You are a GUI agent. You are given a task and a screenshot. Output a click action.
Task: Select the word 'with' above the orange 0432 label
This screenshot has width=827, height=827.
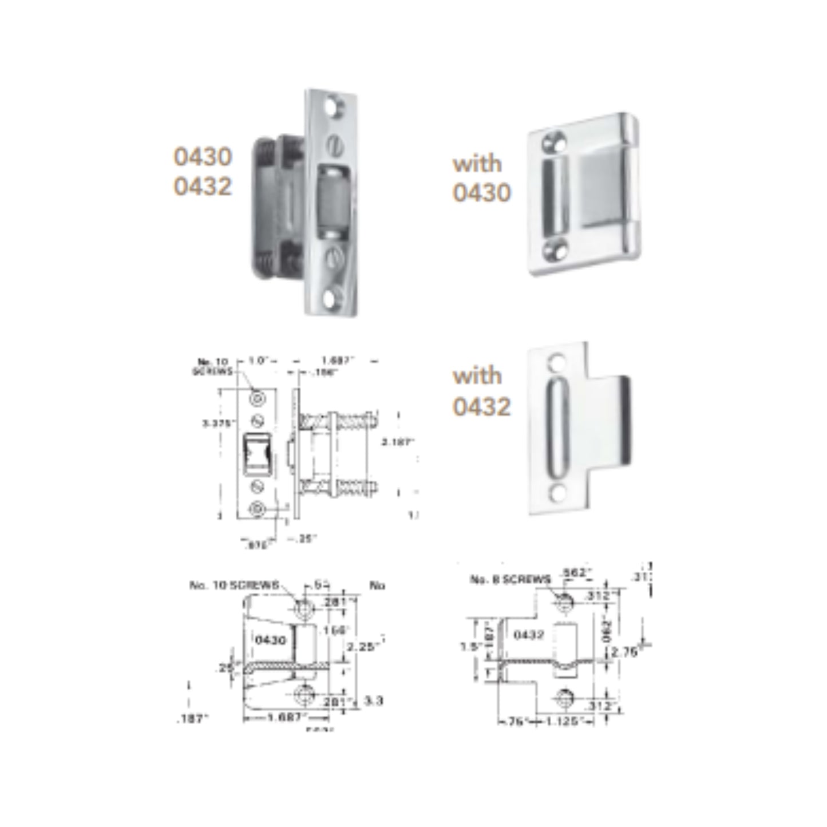tap(477, 376)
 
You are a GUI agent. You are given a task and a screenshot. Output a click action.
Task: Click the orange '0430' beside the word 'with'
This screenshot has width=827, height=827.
tap(481, 193)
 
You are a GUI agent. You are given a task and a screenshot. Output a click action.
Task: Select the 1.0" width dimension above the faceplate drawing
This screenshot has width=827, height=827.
tap(259, 361)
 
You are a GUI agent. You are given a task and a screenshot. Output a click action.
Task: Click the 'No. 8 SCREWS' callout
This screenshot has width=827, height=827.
tap(509, 580)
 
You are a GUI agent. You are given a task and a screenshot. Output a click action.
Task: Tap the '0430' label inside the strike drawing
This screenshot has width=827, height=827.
tap(270, 640)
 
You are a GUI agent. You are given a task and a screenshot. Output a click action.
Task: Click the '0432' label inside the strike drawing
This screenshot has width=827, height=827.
tap(528, 635)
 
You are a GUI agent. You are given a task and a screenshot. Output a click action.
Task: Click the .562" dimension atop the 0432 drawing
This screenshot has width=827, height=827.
tap(574, 572)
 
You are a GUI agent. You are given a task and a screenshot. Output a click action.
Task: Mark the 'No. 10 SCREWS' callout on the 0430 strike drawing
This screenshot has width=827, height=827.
tap(234, 585)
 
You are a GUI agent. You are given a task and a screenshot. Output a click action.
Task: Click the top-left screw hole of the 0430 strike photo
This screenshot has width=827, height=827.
tap(555, 141)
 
